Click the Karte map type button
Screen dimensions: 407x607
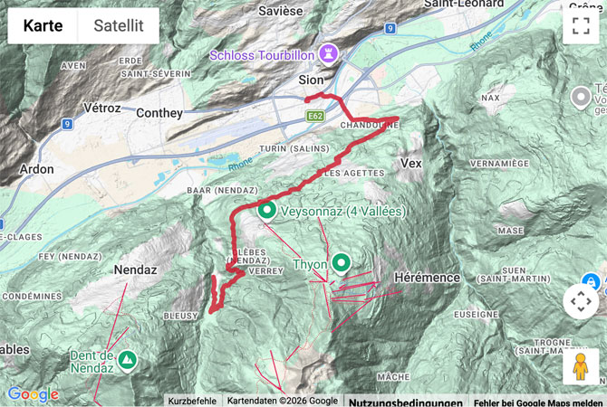tap(43, 26)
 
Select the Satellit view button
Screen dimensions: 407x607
tap(118, 26)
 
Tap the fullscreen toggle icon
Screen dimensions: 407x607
tap(581, 26)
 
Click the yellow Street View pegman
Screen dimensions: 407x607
tap(581, 366)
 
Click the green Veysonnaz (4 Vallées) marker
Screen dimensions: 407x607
tap(267, 212)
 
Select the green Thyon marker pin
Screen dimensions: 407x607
tap(341, 263)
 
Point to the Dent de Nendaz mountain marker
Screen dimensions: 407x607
tap(128, 361)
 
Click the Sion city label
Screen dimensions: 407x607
tap(311, 80)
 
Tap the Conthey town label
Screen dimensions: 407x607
tap(159, 113)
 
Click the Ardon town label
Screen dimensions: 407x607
tap(35, 169)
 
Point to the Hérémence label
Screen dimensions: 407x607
tap(429, 277)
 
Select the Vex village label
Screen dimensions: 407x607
tap(410, 163)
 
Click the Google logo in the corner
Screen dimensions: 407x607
tap(33, 394)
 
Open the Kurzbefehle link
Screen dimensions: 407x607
tap(191, 401)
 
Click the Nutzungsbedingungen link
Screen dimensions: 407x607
tap(405, 401)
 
